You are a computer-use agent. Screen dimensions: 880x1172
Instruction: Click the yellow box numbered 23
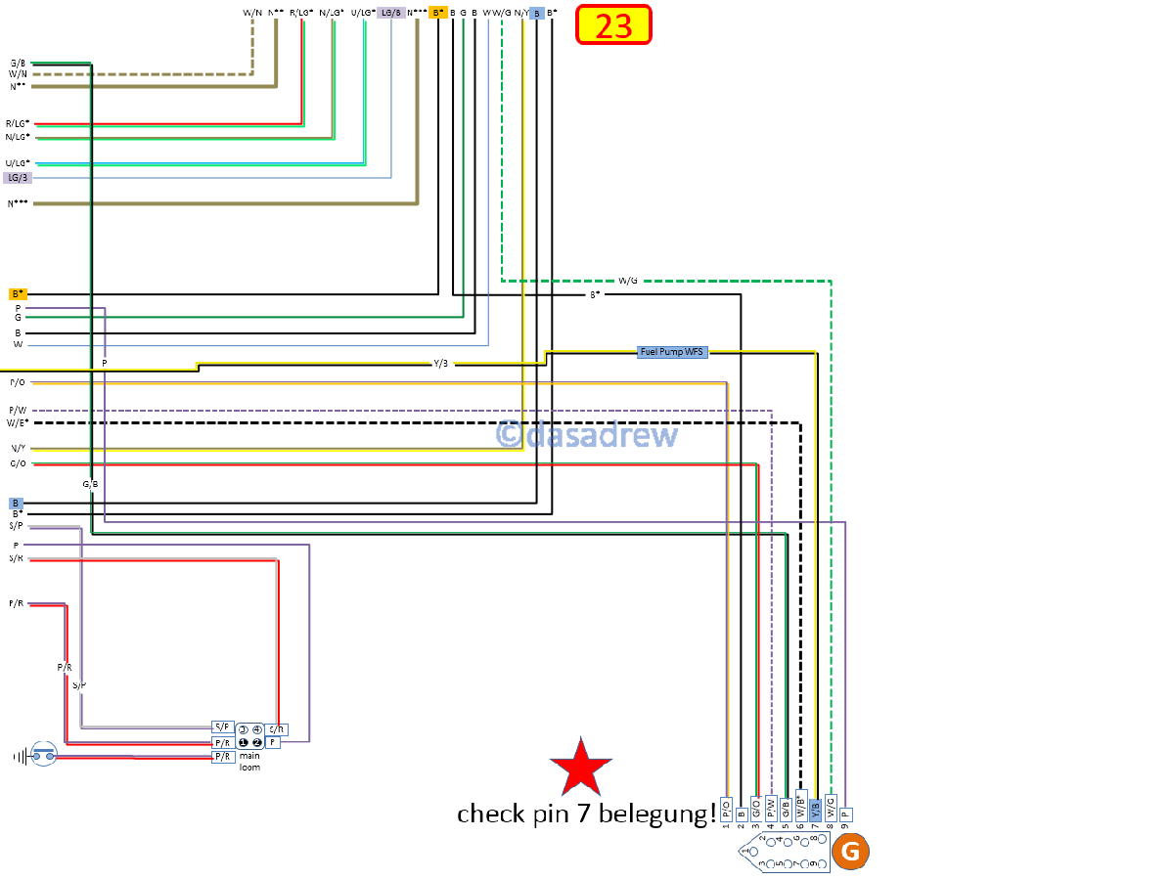tap(613, 25)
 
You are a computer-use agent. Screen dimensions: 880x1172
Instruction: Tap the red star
tap(581, 768)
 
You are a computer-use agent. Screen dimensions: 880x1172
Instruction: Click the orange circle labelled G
tap(850, 852)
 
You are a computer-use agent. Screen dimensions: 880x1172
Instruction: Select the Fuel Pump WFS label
tap(672, 352)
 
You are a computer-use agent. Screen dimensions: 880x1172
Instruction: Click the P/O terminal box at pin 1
tap(726, 808)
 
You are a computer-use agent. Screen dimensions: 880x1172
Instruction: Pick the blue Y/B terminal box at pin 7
tap(815, 808)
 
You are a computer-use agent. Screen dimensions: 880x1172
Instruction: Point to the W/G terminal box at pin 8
tap(831, 808)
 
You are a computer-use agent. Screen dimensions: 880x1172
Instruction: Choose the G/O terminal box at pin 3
tap(756, 808)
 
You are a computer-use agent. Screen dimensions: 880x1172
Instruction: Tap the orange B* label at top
tap(438, 13)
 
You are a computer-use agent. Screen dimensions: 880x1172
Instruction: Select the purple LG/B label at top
tap(391, 13)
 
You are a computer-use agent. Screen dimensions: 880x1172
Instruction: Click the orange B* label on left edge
tap(18, 293)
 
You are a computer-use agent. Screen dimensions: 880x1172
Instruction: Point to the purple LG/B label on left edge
tap(18, 178)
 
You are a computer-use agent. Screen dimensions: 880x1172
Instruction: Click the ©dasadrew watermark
tap(586, 434)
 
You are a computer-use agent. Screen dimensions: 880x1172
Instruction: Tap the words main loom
tap(249, 761)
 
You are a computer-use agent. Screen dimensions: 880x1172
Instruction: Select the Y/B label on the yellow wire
tap(441, 364)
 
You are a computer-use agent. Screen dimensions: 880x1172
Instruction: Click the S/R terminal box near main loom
tap(277, 729)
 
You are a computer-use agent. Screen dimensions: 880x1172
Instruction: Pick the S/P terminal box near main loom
tap(223, 727)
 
